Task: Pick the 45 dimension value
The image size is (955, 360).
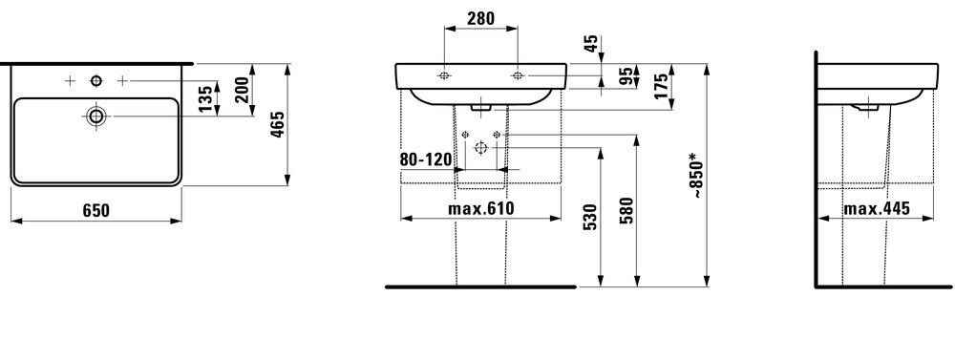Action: tap(591, 43)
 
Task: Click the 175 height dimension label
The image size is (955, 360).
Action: tap(658, 86)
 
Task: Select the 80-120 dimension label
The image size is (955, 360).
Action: tap(425, 159)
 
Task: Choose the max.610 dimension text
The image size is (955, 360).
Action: tap(481, 209)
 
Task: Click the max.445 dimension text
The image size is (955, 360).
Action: tap(875, 209)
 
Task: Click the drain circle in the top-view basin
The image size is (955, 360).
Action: tap(95, 116)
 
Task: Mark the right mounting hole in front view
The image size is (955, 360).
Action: tap(518, 74)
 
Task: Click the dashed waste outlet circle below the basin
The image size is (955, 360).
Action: tap(480, 147)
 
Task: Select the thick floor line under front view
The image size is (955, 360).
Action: tap(480, 286)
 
